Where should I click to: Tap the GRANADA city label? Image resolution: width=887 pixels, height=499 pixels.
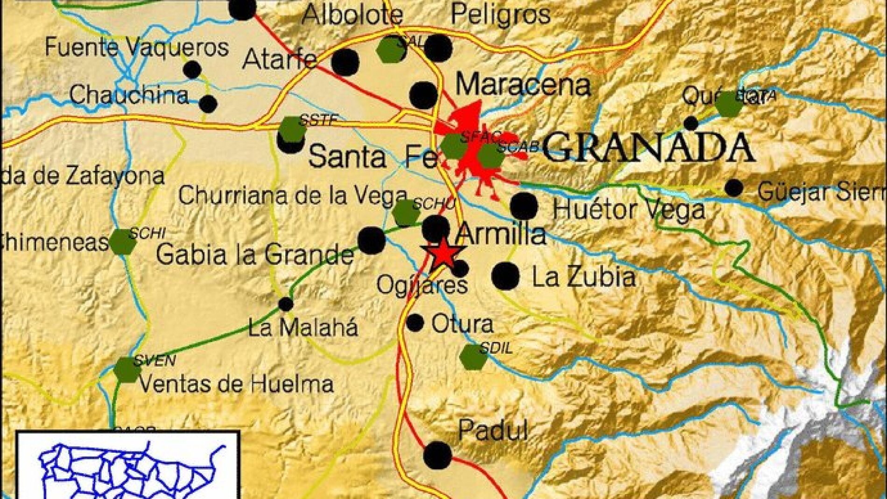[648, 148]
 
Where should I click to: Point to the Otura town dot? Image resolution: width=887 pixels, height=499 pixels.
[415, 322]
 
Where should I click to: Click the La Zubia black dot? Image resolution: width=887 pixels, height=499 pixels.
[505, 276]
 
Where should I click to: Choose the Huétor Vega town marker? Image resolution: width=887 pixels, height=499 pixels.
[524, 206]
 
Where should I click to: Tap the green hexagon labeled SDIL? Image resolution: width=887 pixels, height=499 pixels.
[473, 357]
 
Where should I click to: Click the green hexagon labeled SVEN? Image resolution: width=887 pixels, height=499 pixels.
[127, 370]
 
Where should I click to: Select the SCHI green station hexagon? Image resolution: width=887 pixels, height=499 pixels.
[122, 242]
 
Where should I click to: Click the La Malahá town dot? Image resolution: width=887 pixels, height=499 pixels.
[286, 304]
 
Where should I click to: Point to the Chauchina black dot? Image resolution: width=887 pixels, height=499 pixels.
[208, 103]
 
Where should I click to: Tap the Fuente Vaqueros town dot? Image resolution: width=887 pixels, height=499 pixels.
[192, 70]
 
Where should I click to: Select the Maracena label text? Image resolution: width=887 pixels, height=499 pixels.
[523, 86]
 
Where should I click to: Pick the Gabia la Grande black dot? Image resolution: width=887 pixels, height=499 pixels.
[372, 240]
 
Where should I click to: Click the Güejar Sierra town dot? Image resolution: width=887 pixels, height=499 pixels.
[734, 188]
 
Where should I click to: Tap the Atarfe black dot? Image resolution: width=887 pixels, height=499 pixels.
[345, 63]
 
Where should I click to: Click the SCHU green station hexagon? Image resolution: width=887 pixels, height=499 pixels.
[406, 213]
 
